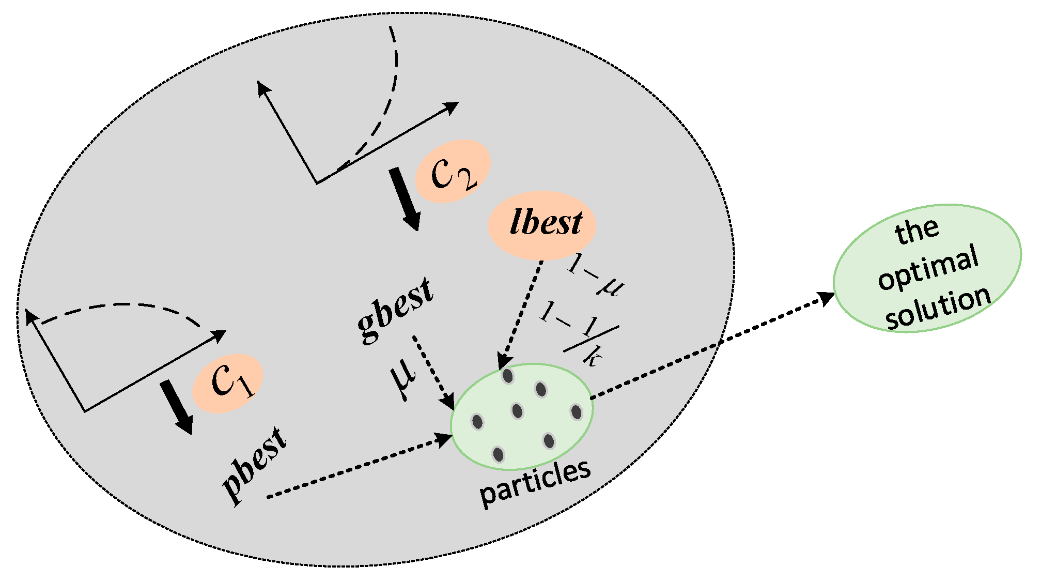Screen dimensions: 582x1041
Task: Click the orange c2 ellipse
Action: [453, 171]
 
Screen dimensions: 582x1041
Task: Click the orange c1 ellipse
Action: [228, 383]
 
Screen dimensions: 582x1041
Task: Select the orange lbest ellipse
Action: [542, 225]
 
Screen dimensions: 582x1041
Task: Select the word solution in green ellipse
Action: [938, 307]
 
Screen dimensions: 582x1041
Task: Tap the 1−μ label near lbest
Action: [596, 277]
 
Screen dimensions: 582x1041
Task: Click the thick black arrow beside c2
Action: [405, 199]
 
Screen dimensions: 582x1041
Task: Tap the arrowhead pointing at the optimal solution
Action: [826, 298]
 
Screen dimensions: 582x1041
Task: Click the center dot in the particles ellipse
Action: [517, 411]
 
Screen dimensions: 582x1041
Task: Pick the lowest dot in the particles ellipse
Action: [498, 454]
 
